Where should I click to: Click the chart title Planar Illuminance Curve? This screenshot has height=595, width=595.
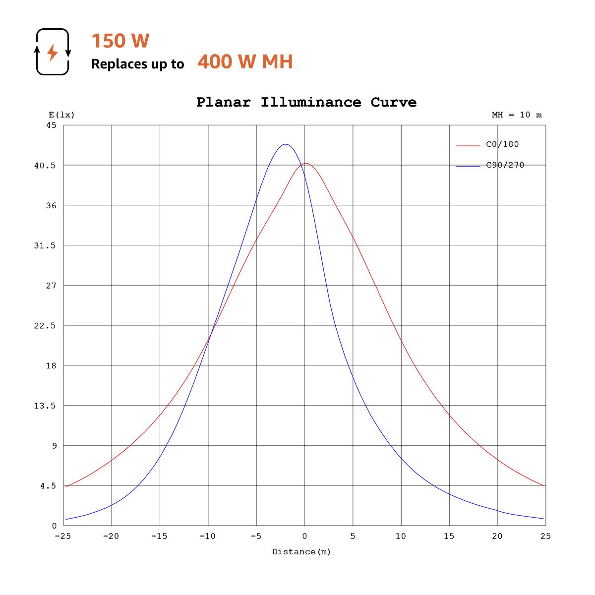(x=306, y=102)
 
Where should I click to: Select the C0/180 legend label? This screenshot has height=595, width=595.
(x=502, y=144)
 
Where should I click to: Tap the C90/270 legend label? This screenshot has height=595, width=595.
(x=505, y=165)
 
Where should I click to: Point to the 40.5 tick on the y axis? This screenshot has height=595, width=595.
(x=45, y=165)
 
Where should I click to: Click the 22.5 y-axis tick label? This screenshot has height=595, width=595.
(x=45, y=325)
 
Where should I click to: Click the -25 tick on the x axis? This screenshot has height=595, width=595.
(x=62, y=536)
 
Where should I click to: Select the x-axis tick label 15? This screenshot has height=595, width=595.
(x=449, y=536)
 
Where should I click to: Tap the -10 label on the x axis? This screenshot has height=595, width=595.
(x=207, y=536)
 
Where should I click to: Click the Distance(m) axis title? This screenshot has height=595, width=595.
(x=301, y=552)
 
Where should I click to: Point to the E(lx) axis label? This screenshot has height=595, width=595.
(x=61, y=115)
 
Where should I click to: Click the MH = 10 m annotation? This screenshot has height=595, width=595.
(x=517, y=115)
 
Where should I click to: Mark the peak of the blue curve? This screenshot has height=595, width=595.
(x=285, y=144)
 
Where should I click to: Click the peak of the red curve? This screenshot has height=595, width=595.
(x=306, y=163)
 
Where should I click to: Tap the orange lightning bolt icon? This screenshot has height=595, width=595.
(x=52, y=52)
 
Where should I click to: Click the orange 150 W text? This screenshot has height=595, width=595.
(x=120, y=41)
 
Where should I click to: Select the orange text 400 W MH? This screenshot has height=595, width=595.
(x=245, y=62)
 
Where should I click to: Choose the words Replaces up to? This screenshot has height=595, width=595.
(x=137, y=64)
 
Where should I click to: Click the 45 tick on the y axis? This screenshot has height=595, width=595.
(x=52, y=125)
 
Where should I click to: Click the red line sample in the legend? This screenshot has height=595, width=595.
(x=468, y=146)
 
